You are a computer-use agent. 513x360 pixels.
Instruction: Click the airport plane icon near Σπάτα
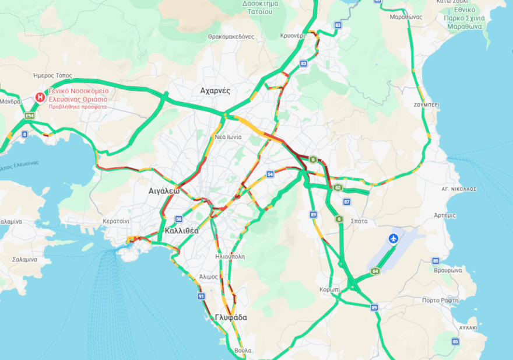(x=393, y=239)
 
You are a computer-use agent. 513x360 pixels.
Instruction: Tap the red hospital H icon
(x=40, y=97)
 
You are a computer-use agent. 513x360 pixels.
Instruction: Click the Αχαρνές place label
(x=215, y=91)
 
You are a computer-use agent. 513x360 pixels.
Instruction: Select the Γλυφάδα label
(x=230, y=317)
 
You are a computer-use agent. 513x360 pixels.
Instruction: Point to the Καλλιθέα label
(x=182, y=230)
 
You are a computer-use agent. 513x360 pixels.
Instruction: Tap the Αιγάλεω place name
(x=163, y=191)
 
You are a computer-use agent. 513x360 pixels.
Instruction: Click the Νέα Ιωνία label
(x=229, y=137)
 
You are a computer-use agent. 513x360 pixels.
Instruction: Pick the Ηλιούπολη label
(x=230, y=256)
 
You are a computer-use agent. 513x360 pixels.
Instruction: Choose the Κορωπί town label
(x=330, y=289)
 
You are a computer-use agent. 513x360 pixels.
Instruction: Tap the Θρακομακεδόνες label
(x=231, y=36)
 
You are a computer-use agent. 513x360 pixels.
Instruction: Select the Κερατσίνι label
(x=115, y=222)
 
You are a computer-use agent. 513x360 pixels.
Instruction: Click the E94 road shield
(x=30, y=116)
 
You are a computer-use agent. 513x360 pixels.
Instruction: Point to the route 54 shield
(x=270, y=174)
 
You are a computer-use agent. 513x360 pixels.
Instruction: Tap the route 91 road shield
(x=202, y=296)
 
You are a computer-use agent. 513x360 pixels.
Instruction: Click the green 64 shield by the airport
(x=375, y=271)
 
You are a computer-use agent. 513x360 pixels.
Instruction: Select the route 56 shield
(x=178, y=219)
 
